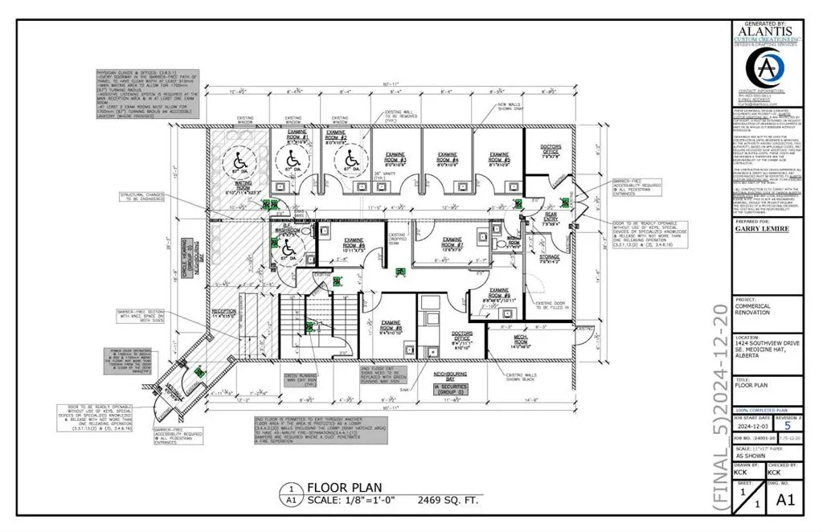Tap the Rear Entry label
(x=550, y=221)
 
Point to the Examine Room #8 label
(x=391, y=326)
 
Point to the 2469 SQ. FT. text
(x=451, y=498)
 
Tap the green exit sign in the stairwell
(x=309, y=327)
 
